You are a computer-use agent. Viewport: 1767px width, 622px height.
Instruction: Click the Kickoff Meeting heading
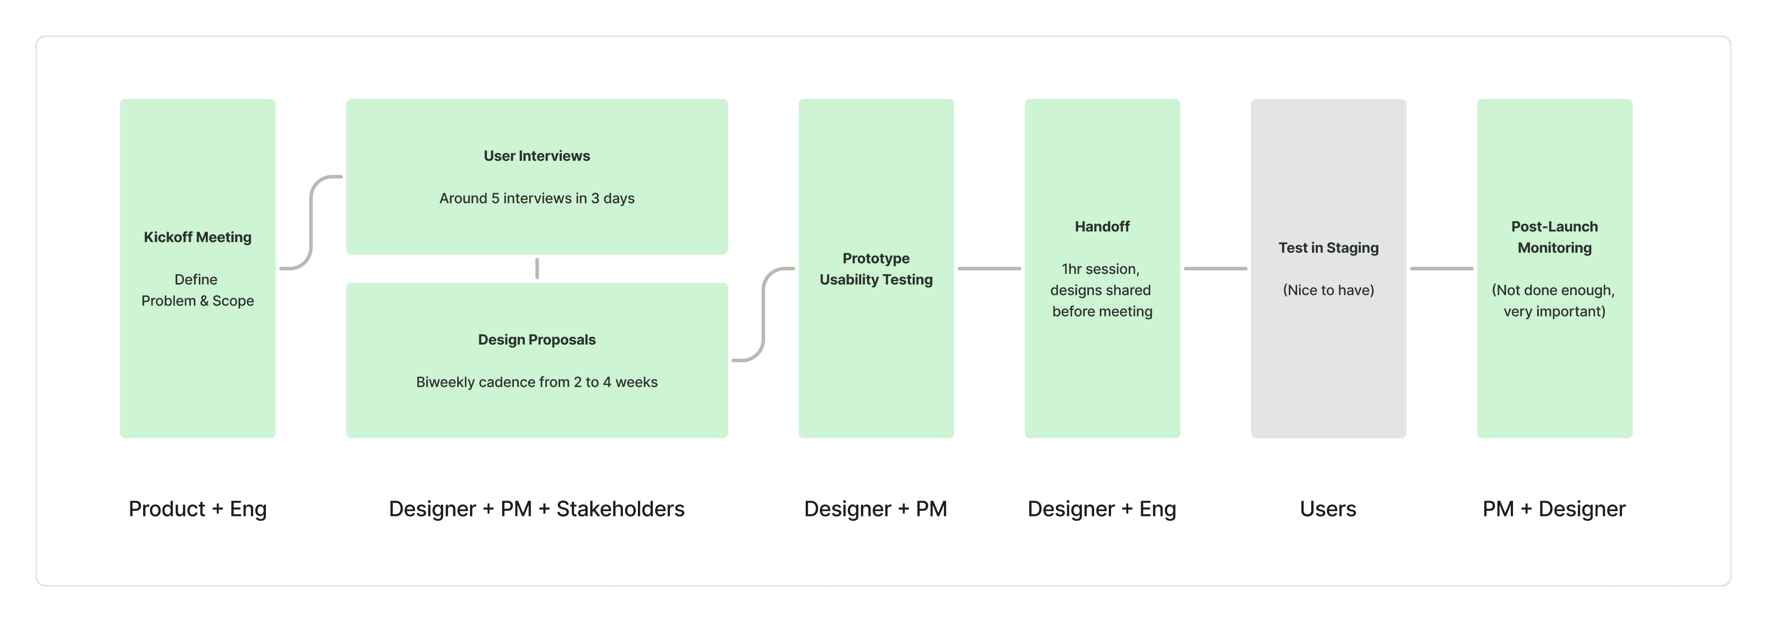(x=197, y=237)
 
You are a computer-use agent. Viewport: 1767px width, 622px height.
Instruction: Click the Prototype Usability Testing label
(x=876, y=269)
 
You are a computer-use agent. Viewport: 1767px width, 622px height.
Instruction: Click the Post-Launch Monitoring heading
(x=1555, y=237)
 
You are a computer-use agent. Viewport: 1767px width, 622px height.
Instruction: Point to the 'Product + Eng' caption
(x=197, y=509)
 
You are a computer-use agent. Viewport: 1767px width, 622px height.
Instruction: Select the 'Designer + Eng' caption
(x=1102, y=509)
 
